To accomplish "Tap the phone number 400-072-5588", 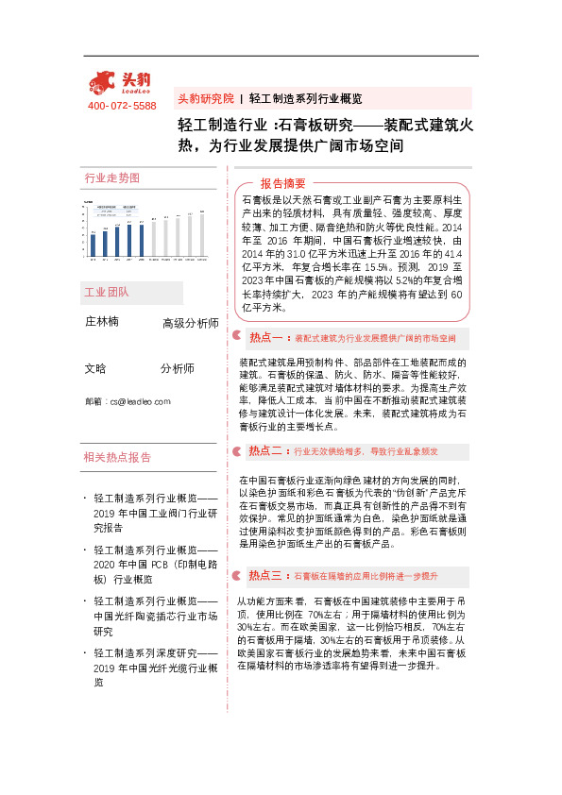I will coord(122,105).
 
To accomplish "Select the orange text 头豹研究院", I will coord(204,98).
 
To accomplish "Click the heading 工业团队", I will coord(106,292).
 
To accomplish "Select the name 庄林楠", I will coord(102,321).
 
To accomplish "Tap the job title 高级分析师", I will coord(190,324).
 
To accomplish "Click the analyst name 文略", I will coord(95,368).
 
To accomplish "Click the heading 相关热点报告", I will coord(117,457).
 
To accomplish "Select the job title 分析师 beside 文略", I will coord(177,368).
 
